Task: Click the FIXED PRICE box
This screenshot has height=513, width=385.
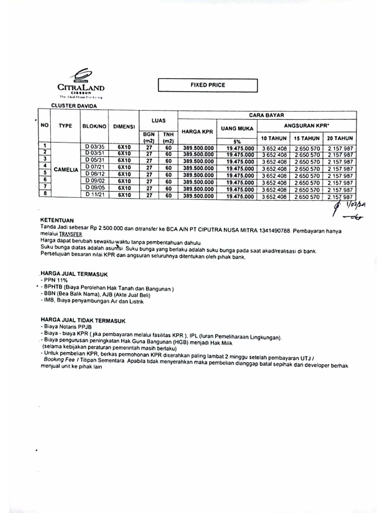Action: (x=208, y=85)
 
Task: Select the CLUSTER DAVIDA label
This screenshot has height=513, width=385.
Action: (x=74, y=106)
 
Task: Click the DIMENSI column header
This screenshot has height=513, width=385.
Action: (x=124, y=127)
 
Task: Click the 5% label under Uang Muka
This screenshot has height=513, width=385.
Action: (x=237, y=142)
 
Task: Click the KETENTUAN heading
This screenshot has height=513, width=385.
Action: (x=57, y=220)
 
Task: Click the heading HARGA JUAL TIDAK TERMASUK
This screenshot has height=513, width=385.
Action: (x=83, y=319)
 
